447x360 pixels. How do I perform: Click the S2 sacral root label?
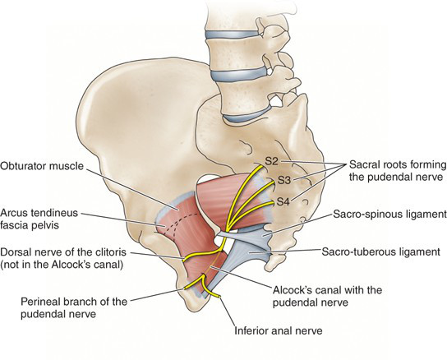click(x=271, y=161)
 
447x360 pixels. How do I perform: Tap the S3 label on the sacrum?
click(x=284, y=180)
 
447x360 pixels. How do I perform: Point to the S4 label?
click(x=283, y=202)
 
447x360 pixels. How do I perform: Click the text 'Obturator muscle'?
click(x=42, y=166)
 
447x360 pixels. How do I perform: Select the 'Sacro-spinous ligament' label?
click(x=389, y=214)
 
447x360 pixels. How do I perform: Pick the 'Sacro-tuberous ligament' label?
click(x=381, y=252)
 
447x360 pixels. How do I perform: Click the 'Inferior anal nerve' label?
click(x=279, y=331)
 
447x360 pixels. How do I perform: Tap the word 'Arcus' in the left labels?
click(x=14, y=213)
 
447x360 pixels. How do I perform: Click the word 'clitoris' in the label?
click(x=108, y=252)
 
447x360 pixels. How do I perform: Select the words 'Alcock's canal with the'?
click(x=327, y=290)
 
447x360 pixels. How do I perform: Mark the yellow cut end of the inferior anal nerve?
click(x=219, y=297)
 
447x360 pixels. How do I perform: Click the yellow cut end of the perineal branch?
click(x=186, y=288)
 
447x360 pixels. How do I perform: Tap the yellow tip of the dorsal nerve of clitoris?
click(x=184, y=260)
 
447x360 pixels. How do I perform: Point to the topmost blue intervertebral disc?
click(x=233, y=35)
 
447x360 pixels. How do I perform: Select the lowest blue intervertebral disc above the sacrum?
click(x=247, y=116)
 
